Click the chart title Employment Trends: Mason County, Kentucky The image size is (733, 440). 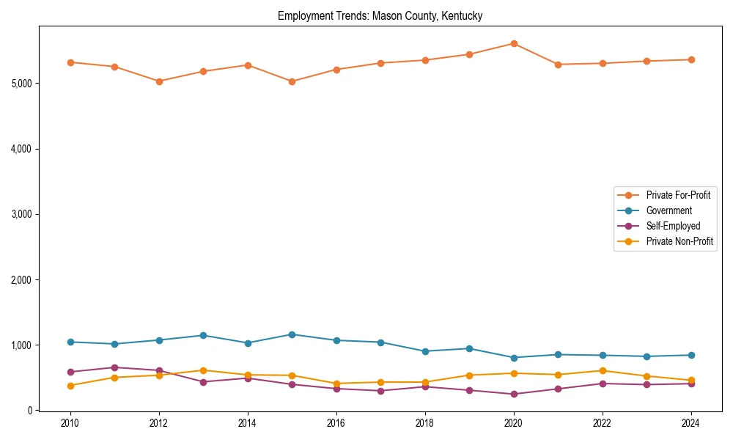(380, 15)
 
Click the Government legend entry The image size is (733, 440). (668, 210)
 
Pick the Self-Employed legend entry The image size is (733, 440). (673, 226)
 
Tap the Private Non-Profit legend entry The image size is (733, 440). (679, 241)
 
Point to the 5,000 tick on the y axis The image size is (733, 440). (21, 84)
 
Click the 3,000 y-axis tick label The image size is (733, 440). (21, 214)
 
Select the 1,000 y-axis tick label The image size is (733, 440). (21, 345)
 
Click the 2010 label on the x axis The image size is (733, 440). (70, 423)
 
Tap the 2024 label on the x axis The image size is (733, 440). (690, 423)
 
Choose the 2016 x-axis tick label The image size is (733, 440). (336, 423)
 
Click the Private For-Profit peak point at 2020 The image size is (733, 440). (514, 44)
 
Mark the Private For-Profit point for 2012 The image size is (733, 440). (159, 81)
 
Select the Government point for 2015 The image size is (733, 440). (292, 334)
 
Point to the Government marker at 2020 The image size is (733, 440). (514, 358)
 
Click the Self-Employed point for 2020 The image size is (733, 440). (514, 395)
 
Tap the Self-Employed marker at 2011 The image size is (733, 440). (115, 367)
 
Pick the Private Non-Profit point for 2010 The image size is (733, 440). (70, 386)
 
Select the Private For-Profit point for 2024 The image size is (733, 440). (690, 59)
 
